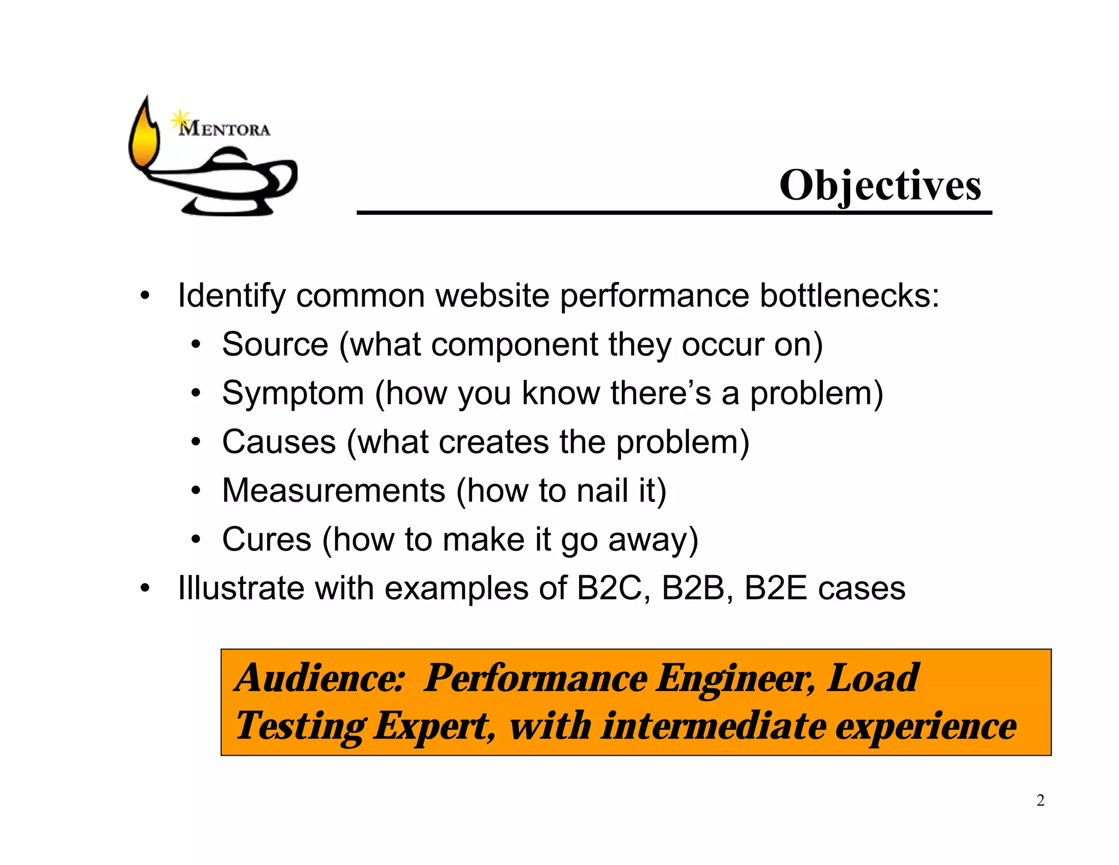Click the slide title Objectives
[x=880, y=186]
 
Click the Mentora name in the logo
[x=225, y=130]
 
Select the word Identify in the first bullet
[x=232, y=296]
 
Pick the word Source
[x=275, y=344]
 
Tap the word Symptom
[x=293, y=394]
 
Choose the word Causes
[x=279, y=442]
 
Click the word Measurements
[x=333, y=490]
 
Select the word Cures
[x=267, y=540]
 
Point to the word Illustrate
[x=240, y=588]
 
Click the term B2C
[x=609, y=588]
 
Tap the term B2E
[x=775, y=588]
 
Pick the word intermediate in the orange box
[x=713, y=727]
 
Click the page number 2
[x=1040, y=800]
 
